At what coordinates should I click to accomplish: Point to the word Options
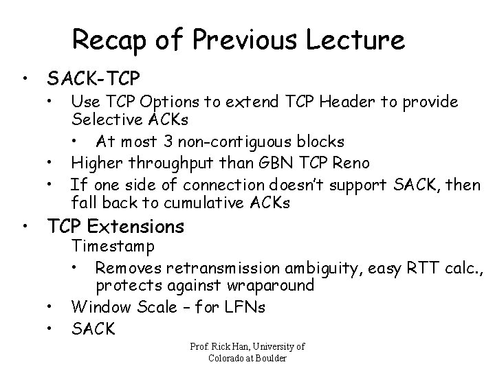[x=175, y=103]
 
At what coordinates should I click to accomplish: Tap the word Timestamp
[x=113, y=246]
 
